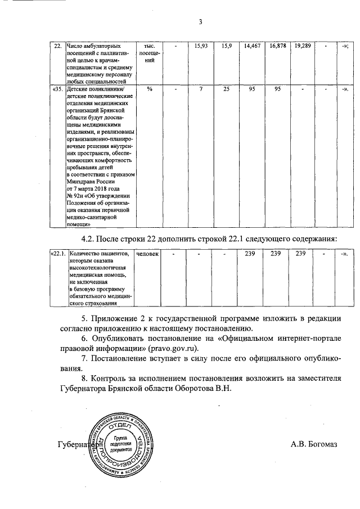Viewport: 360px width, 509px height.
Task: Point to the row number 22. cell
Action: [x=57, y=44]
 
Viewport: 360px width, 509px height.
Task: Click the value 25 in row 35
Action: [x=226, y=89]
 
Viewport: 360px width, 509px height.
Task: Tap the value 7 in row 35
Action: [x=201, y=89]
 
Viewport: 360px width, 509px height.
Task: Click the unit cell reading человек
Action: [x=148, y=254]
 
